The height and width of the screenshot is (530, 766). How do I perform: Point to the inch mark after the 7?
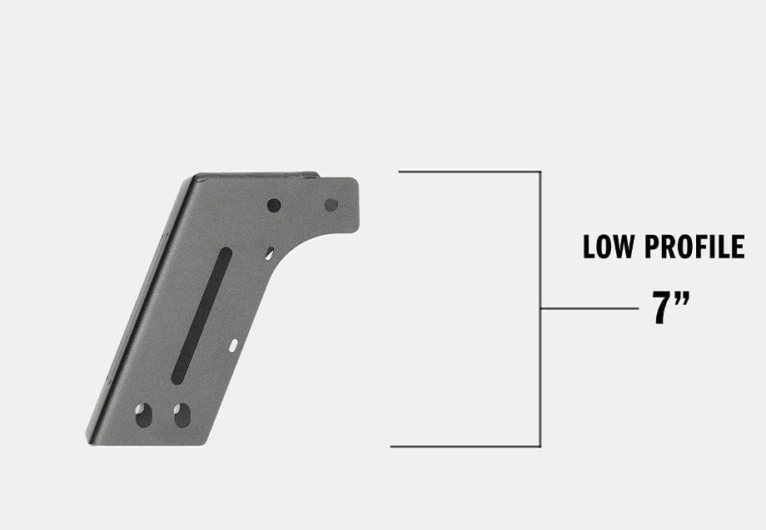(x=683, y=299)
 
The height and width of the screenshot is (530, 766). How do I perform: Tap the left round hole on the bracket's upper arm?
(x=274, y=205)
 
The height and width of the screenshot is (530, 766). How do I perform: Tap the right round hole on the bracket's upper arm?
(x=331, y=204)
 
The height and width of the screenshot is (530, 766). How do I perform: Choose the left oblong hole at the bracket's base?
(x=144, y=414)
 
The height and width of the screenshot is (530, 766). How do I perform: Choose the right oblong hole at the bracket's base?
(x=182, y=414)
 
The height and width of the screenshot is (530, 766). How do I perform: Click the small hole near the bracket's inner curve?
(x=269, y=252)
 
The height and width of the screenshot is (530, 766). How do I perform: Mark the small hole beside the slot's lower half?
(x=233, y=344)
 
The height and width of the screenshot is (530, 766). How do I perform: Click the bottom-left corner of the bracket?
(x=90, y=439)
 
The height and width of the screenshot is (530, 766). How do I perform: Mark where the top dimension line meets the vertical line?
(x=540, y=172)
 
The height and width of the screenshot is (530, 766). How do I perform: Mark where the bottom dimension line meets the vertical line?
(x=540, y=447)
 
